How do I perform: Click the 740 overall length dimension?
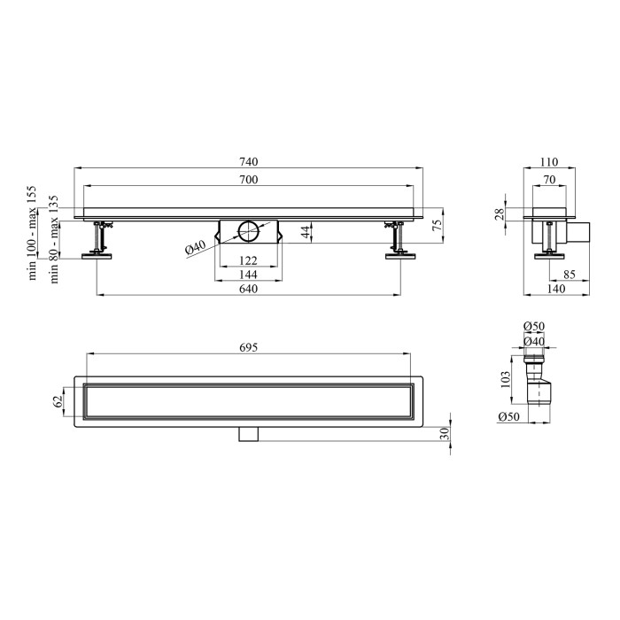[x=248, y=162]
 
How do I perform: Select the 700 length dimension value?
[x=248, y=180]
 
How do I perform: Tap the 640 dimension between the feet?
[x=248, y=289]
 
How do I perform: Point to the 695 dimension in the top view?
[x=248, y=347]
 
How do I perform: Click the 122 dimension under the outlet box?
[x=248, y=260]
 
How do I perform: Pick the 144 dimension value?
[x=248, y=275]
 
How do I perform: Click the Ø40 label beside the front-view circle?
[x=196, y=247]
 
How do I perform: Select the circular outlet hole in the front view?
[x=248, y=231]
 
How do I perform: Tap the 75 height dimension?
[x=437, y=225]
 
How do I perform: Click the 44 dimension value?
[x=306, y=232]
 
